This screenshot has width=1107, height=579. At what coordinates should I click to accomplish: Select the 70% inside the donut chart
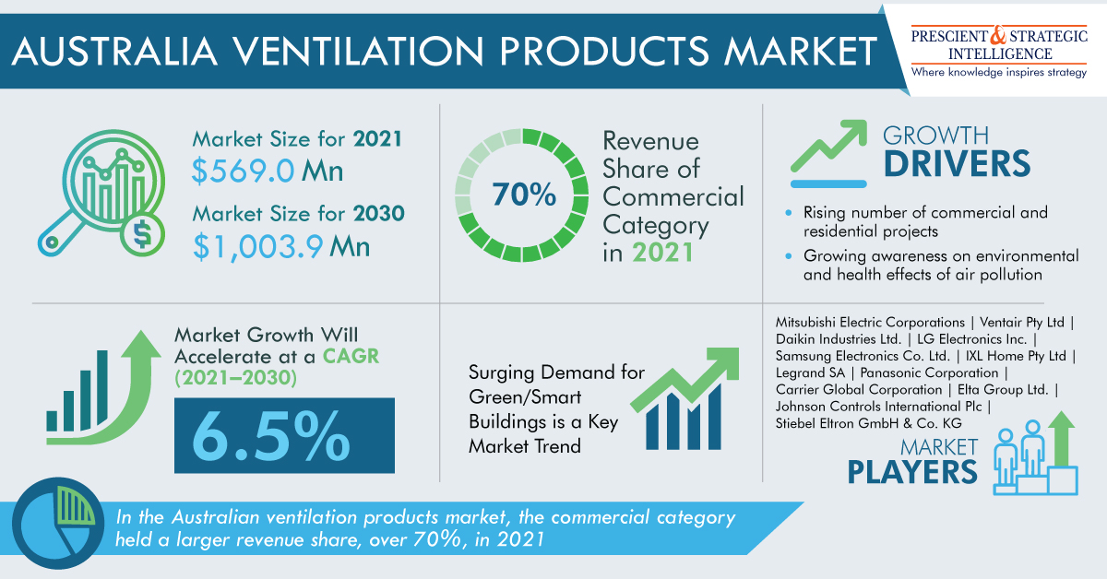pos(523,195)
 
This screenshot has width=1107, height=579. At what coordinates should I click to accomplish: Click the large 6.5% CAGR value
pos(283,431)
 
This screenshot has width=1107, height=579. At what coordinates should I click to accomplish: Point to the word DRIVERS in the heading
pos(956,163)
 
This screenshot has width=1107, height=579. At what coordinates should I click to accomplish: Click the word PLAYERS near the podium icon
pos(912,471)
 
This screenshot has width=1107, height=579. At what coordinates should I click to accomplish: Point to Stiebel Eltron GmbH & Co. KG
pos(869,423)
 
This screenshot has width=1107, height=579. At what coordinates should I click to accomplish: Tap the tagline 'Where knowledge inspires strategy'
pos(998,72)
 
